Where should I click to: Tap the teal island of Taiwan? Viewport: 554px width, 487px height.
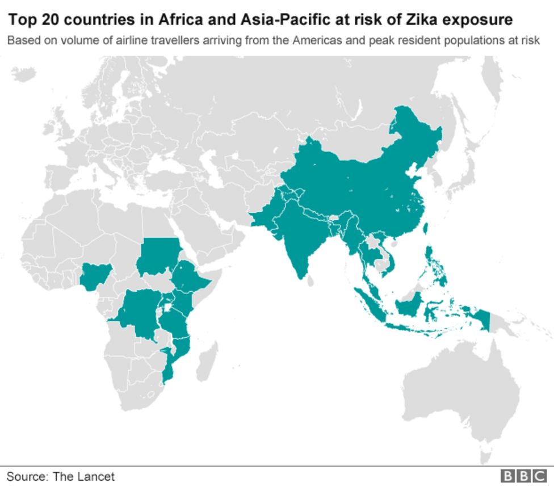click(426, 229)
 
